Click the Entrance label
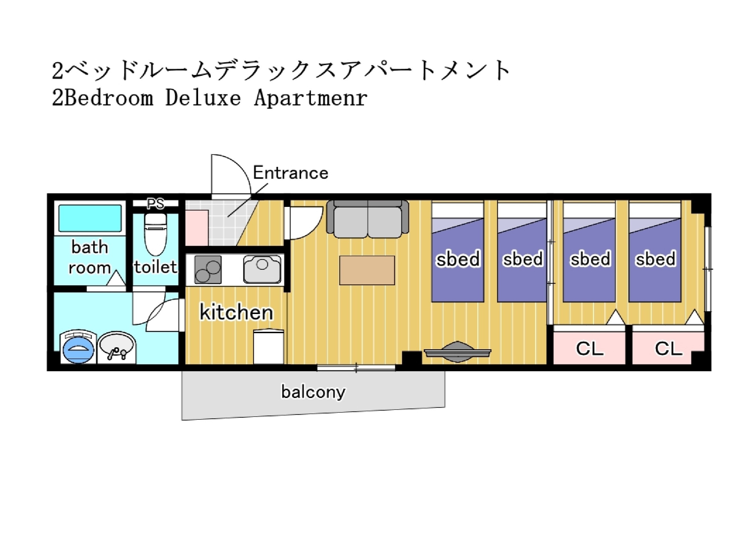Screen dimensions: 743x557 coord(291,173)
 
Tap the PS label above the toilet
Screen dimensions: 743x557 coord(155,204)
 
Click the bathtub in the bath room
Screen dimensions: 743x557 coord(90,218)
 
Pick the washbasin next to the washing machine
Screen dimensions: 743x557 coord(116,347)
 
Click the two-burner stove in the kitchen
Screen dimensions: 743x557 coord(208,269)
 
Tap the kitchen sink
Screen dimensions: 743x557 coord(262,269)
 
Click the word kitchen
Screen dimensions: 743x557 coord(236,312)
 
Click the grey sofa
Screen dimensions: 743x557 coord(368,219)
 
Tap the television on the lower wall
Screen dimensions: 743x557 coord(458,352)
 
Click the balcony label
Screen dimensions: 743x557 coord(313,392)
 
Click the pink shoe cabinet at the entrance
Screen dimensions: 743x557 coord(197,228)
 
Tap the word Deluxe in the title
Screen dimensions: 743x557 coord(203,98)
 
